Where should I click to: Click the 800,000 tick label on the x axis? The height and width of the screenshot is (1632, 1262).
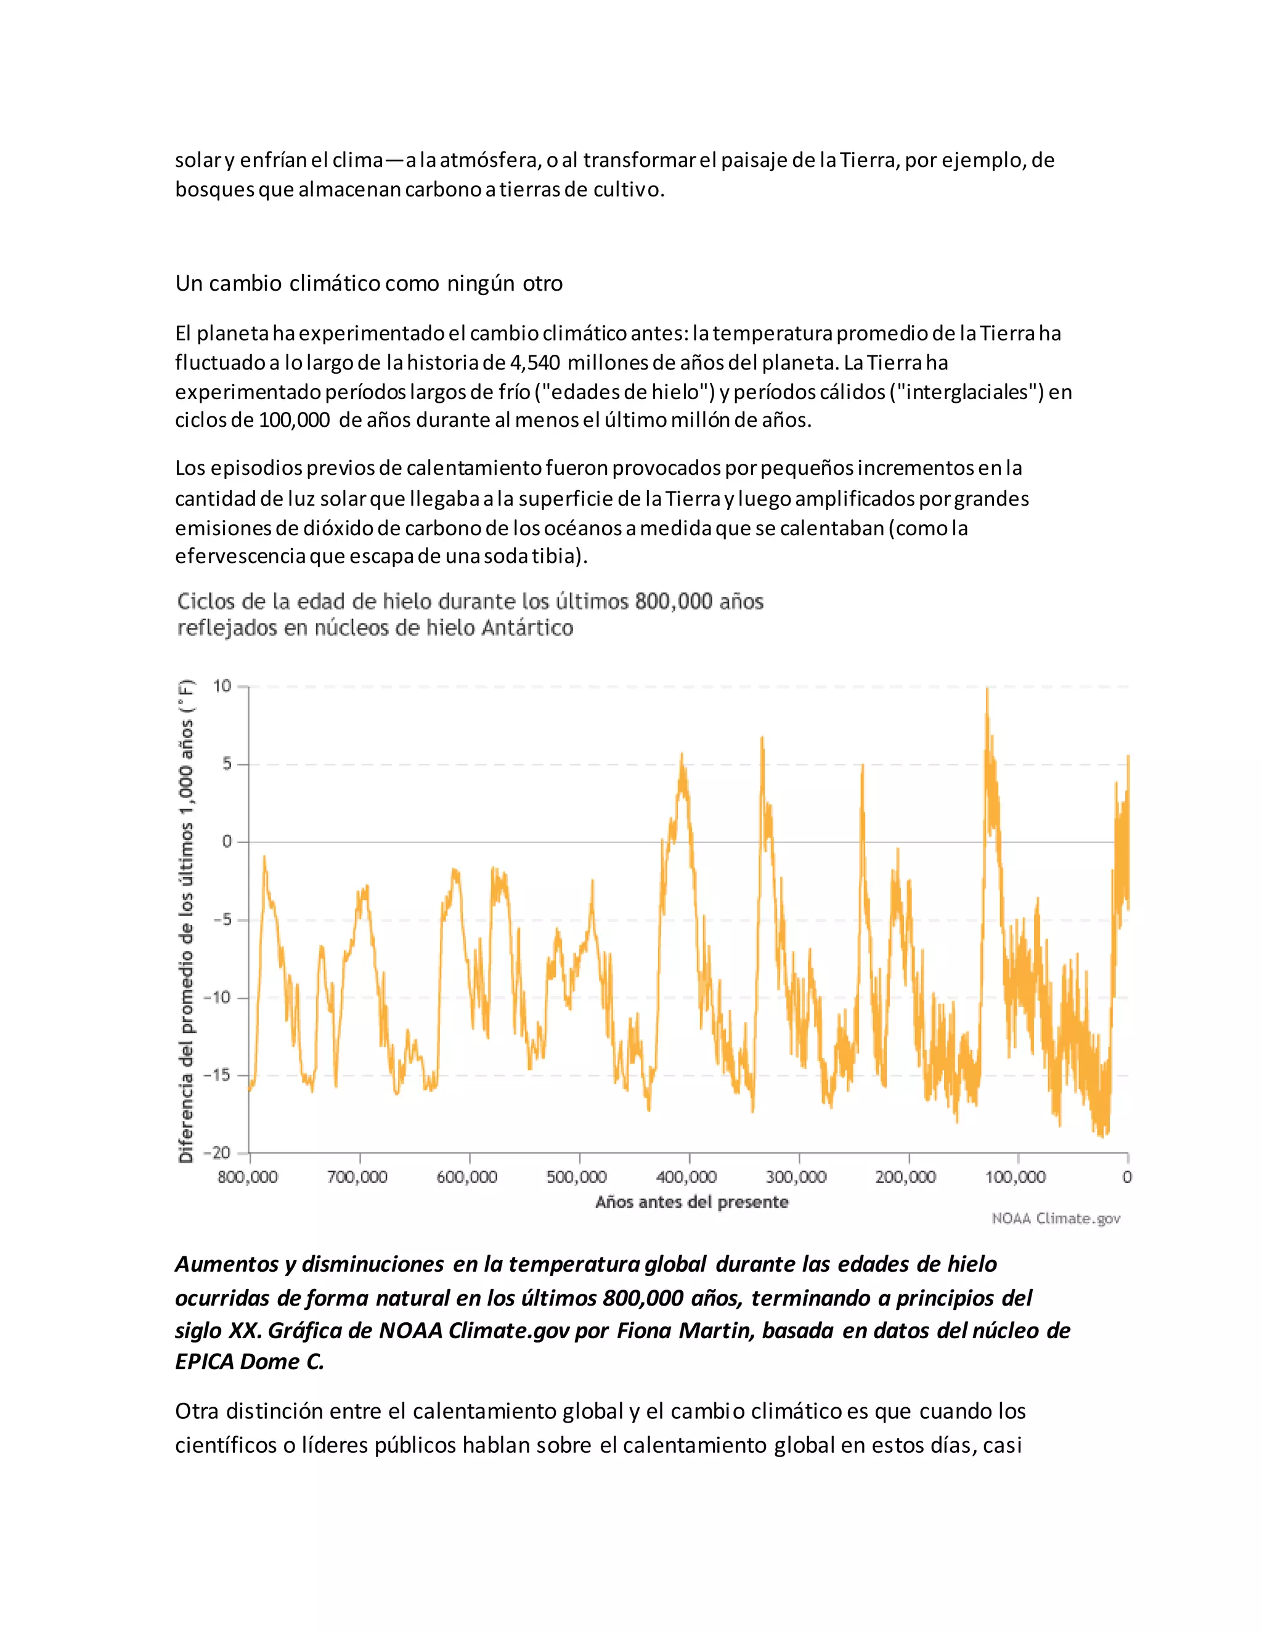pyautogui.click(x=248, y=1178)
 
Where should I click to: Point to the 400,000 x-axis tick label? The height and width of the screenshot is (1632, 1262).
pyautogui.click(x=686, y=1178)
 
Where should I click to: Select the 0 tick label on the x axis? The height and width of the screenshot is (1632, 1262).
pyautogui.click(x=1126, y=1178)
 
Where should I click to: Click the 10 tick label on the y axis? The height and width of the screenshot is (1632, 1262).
pyautogui.click(x=223, y=686)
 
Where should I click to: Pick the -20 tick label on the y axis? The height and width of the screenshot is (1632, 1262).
pyautogui.click(x=218, y=1153)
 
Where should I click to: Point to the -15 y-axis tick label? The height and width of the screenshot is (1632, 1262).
pyautogui.click(x=218, y=1075)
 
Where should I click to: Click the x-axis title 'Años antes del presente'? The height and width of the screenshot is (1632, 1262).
pyautogui.click(x=691, y=1202)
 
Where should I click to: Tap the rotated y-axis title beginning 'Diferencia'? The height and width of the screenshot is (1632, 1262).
pyautogui.click(x=186, y=921)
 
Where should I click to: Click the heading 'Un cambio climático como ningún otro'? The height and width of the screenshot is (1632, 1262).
pyautogui.click(x=368, y=284)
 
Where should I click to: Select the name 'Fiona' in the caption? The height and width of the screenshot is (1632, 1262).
pyautogui.click(x=645, y=1331)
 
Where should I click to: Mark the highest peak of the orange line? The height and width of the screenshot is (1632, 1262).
pyautogui.click(x=987, y=690)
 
